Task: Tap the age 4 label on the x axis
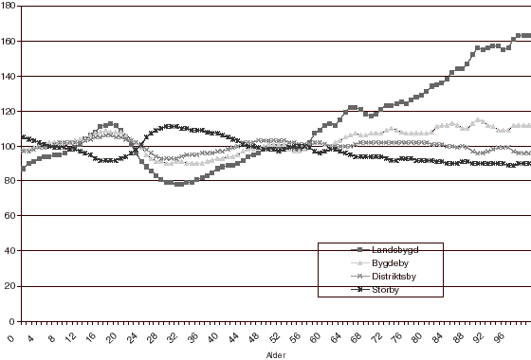[32, 335]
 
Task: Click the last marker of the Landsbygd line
[527, 36]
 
